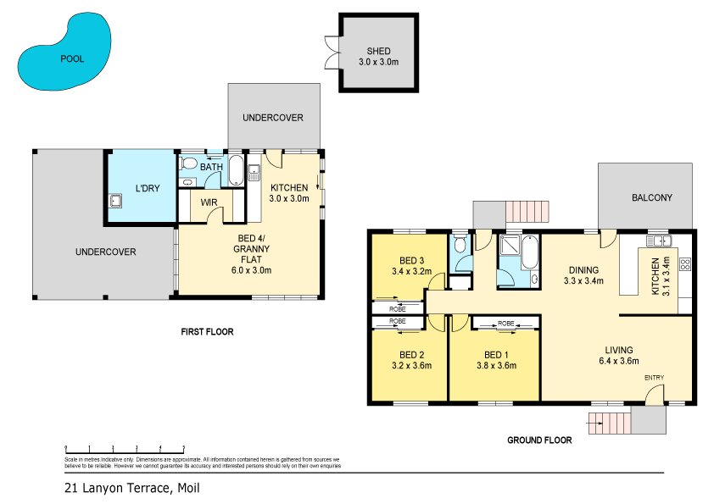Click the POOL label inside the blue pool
pyautogui.click(x=72, y=59)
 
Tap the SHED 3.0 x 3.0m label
pyautogui.click(x=377, y=56)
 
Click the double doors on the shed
pyautogui.click(x=331, y=53)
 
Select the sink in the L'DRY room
pyautogui.click(x=114, y=201)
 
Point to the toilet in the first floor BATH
pyautogui.click(x=190, y=162)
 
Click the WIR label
pyautogui.click(x=209, y=202)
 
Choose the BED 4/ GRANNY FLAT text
pyautogui.click(x=251, y=248)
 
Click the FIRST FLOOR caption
pyautogui.click(x=207, y=331)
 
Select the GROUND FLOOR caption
pyautogui.click(x=539, y=440)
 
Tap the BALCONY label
pyautogui.click(x=651, y=198)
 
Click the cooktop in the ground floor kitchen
pyautogui.click(x=684, y=263)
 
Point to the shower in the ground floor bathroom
pyautogui.click(x=510, y=247)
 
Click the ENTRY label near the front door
pyautogui.click(x=655, y=377)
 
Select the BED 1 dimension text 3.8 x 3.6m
pyautogui.click(x=494, y=366)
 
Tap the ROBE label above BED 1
pyautogui.click(x=506, y=324)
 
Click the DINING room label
pyautogui.click(x=583, y=270)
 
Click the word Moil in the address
pyautogui.click(x=188, y=488)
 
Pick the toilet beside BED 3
pyautogui.click(x=459, y=246)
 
